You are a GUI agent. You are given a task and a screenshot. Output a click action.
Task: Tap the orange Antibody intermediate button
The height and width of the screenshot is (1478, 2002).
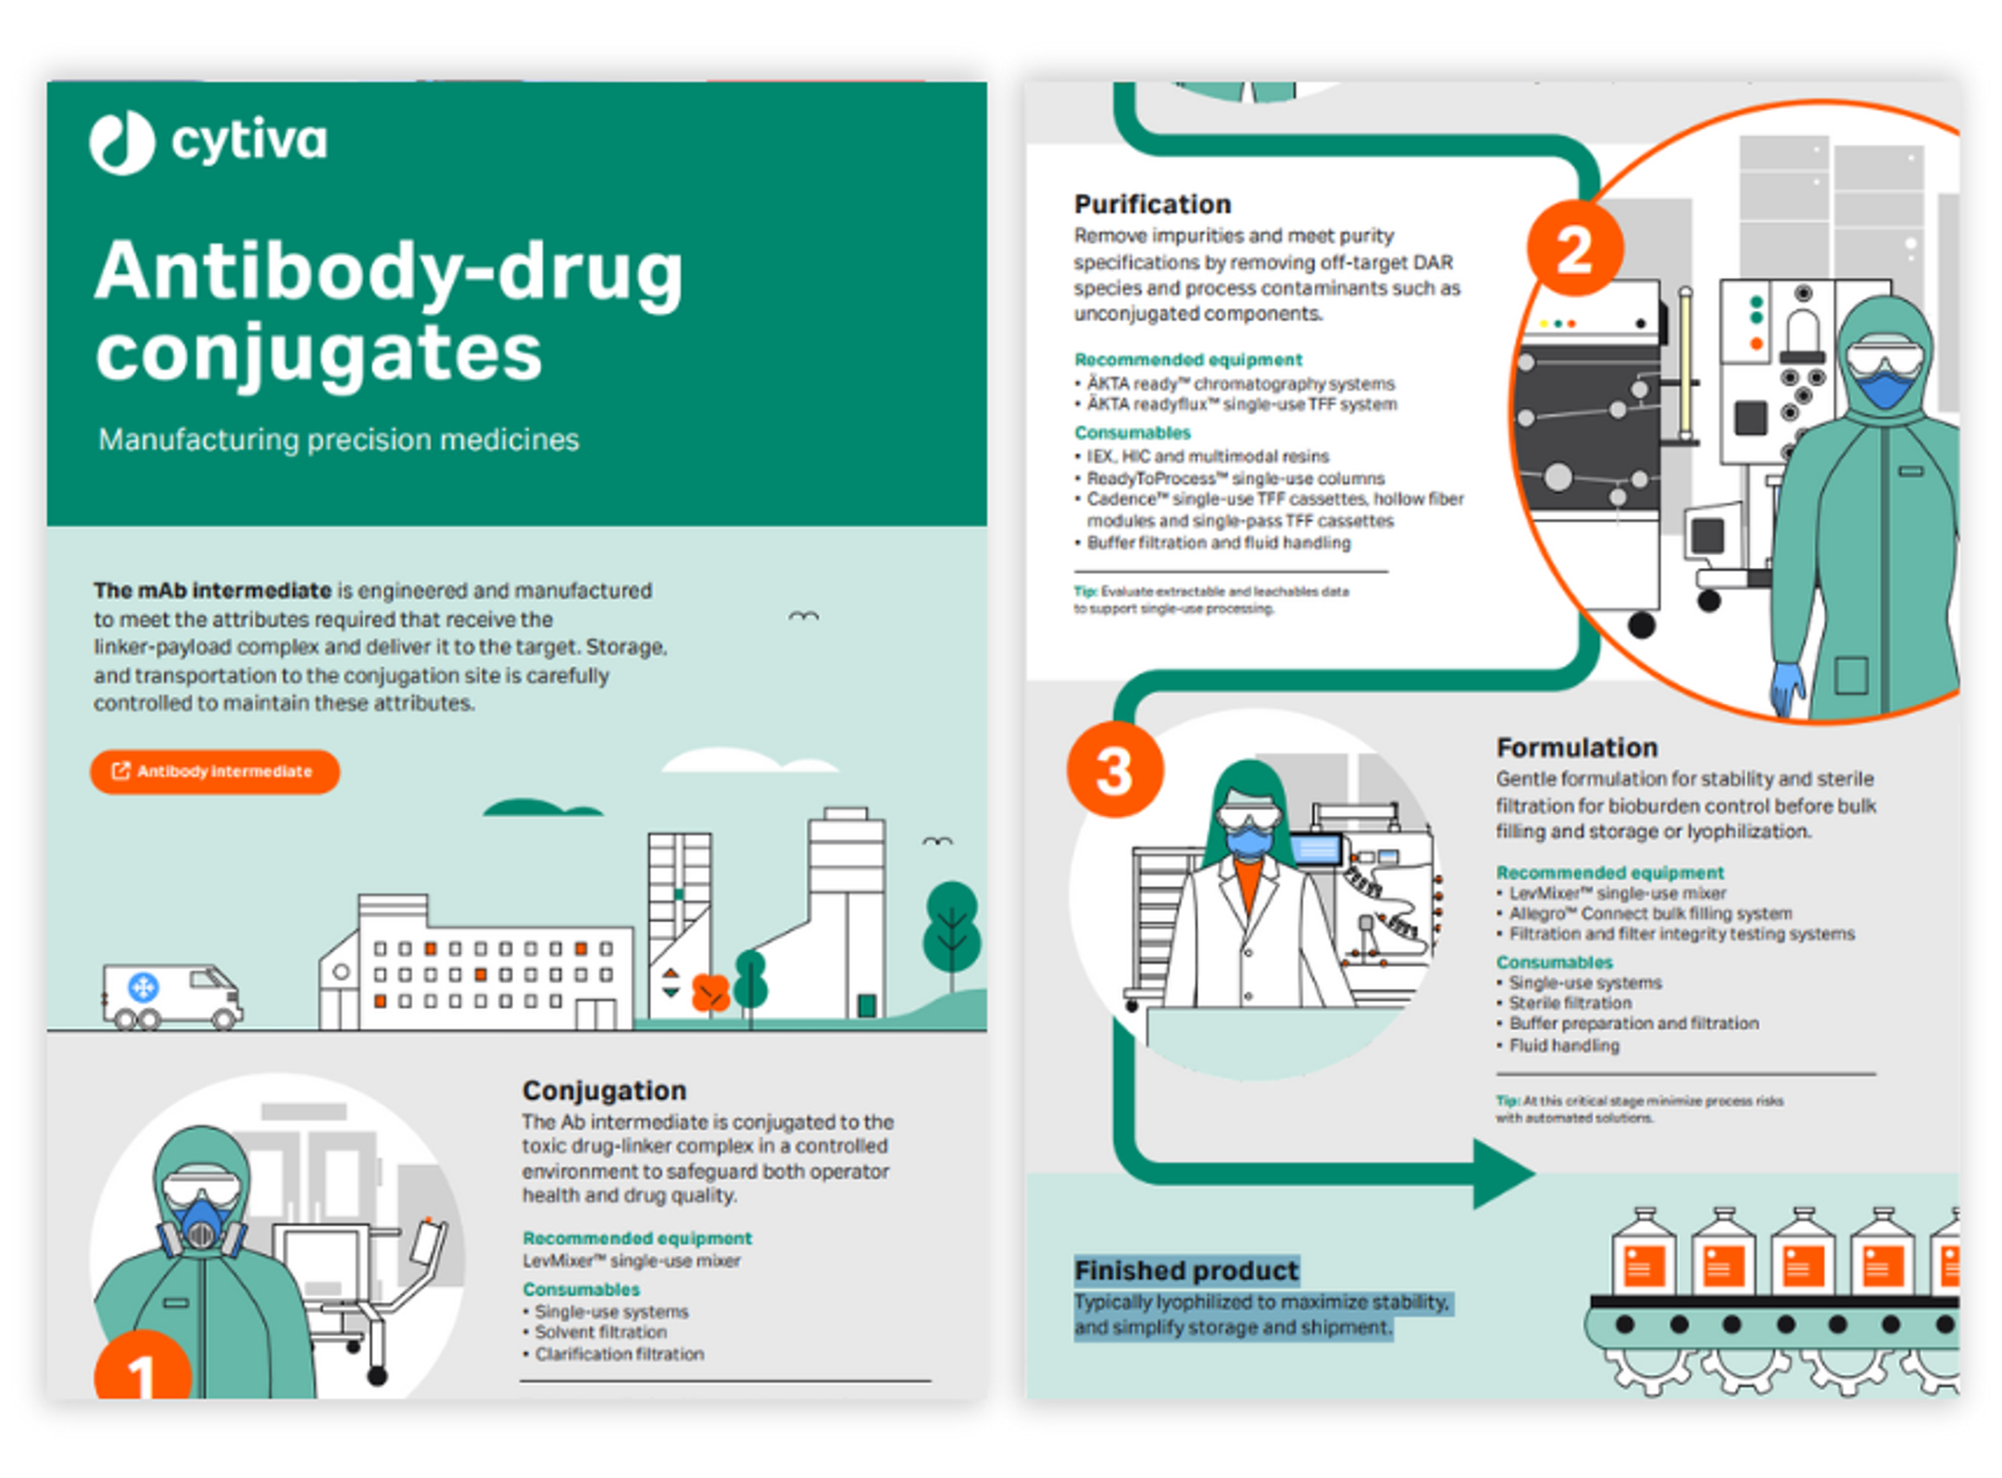[x=215, y=771]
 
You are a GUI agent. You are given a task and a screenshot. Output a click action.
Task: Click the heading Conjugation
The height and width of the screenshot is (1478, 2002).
[x=605, y=1091]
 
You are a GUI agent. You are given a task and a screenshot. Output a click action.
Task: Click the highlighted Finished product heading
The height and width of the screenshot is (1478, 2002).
[x=1186, y=1271]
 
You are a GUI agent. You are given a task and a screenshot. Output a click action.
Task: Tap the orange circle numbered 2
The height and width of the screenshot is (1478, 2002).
[x=1574, y=249]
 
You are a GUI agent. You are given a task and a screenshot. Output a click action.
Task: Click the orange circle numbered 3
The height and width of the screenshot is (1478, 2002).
[x=1115, y=771]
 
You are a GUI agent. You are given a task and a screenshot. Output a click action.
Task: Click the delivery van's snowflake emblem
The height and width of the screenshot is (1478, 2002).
[x=143, y=988]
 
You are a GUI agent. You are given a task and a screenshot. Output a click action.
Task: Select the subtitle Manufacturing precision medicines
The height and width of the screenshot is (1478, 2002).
[x=338, y=439]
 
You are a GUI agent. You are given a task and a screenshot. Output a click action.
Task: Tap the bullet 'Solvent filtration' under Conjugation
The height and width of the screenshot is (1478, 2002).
[x=600, y=1332]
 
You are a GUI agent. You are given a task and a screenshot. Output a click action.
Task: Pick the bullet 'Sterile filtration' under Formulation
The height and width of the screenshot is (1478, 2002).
[x=1570, y=1003]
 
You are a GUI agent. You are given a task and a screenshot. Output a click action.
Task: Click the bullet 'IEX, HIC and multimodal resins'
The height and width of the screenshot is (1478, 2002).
[x=1207, y=456]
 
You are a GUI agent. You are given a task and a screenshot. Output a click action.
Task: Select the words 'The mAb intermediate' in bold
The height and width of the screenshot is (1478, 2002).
[x=213, y=591]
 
